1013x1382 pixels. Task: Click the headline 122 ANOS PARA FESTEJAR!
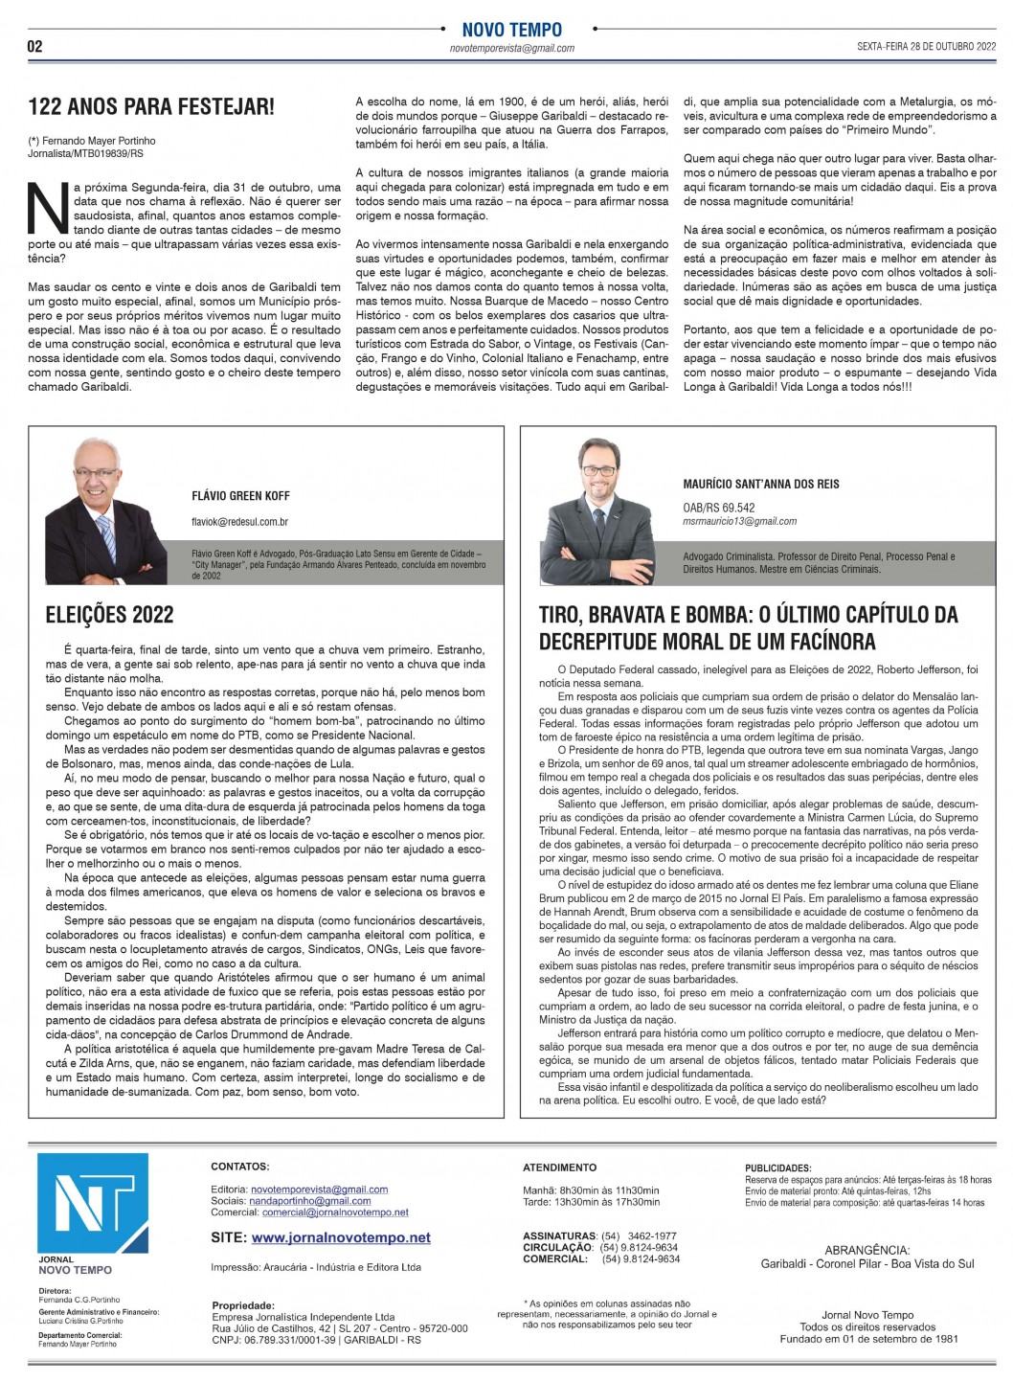[x=151, y=106]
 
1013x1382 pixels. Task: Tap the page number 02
[x=34, y=46]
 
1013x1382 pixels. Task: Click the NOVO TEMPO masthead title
[x=511, y=30]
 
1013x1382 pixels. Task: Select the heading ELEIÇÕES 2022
[x=109, y=615]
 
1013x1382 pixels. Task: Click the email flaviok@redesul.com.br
[x=239, y=522]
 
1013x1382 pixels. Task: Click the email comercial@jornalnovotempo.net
[x=335, y=1212]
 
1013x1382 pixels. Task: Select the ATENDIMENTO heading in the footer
[x=559, y=1167]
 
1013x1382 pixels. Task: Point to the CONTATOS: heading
[x=239, y=1167]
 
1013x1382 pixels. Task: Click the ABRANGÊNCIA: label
[x=867, y=1250]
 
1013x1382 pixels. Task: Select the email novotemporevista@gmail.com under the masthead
[x=511, y=48]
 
